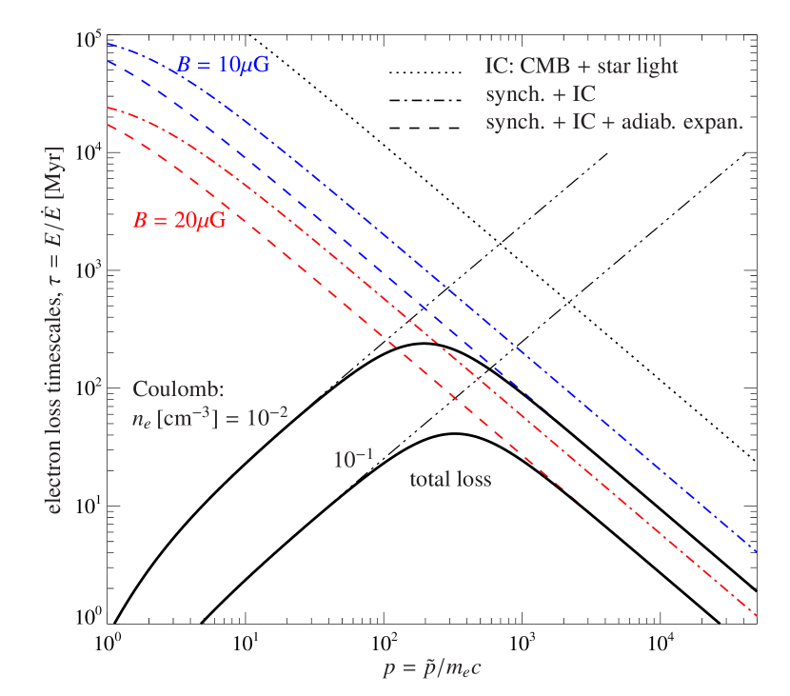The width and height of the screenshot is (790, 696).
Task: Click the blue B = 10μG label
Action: [223, 66]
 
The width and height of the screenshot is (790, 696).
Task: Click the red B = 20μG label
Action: [179, 220]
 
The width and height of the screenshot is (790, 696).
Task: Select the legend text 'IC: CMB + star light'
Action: [581, 67]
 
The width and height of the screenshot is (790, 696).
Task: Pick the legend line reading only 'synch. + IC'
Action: [541, 94]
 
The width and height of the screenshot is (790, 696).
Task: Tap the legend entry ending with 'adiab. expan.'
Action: [614, 122]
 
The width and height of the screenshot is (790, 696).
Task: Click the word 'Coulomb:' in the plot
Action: [178, 389]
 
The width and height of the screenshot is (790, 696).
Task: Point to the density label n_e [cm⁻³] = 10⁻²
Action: [209, 417]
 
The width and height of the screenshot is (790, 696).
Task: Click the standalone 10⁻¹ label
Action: [352, 460]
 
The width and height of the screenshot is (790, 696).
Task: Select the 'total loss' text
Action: [450, 480]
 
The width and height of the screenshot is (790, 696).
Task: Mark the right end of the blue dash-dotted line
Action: [756, 550]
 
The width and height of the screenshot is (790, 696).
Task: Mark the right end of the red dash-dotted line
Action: [756, 616]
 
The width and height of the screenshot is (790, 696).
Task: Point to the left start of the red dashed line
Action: [109, 124]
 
